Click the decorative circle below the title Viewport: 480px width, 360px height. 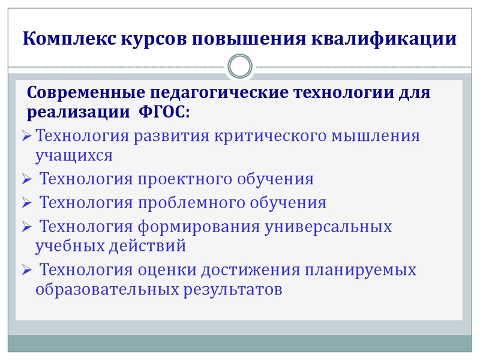pos(240,65)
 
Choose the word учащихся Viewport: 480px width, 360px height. pos(74,155)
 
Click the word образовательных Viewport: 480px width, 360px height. pos(106,289)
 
